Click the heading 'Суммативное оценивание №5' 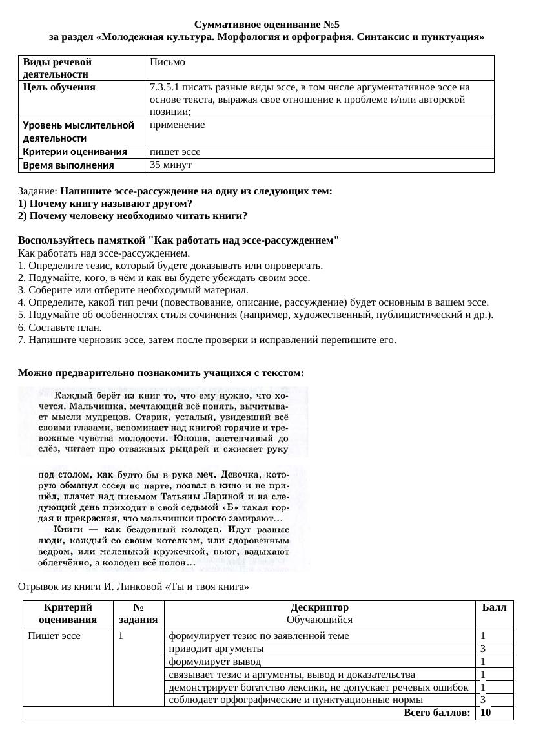[267, 25]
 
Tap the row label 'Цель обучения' [59, 87]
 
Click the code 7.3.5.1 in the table [164, 87]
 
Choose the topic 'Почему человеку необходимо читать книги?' [132, 215]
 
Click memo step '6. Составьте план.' [57, 328]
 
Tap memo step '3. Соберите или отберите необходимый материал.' [133, 290]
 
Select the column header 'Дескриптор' [319, 607]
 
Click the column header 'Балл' [494, 607]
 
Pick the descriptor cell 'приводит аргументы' [216, 649]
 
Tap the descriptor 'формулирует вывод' [214, 662]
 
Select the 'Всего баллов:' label [436, 713]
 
